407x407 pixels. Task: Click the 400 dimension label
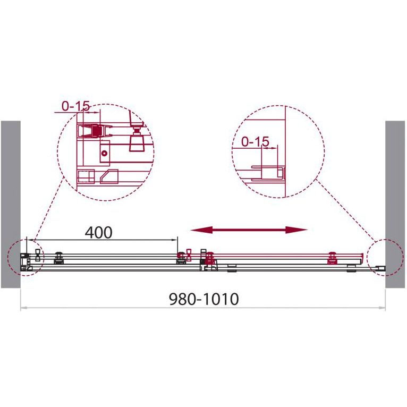click(99, 233)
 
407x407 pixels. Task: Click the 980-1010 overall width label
click(204, 299)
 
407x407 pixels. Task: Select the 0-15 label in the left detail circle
click(75, 106)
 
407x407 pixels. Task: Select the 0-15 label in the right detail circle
click(255, 141)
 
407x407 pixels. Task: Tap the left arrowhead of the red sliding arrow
click(202, 230)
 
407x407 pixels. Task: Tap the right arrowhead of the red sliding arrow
click(296, 230)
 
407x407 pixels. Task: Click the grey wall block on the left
click(11, 204)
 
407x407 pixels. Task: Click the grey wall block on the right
click(395, 204)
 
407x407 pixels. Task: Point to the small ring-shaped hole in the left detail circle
click(105, 153)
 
